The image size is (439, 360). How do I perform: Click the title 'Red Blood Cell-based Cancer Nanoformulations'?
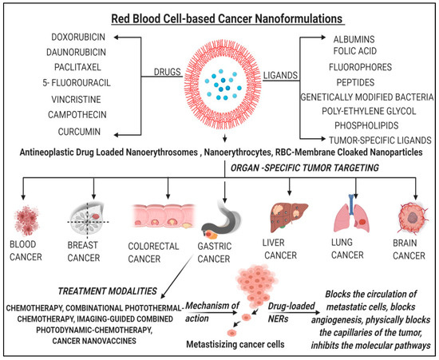tap(219, 15)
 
